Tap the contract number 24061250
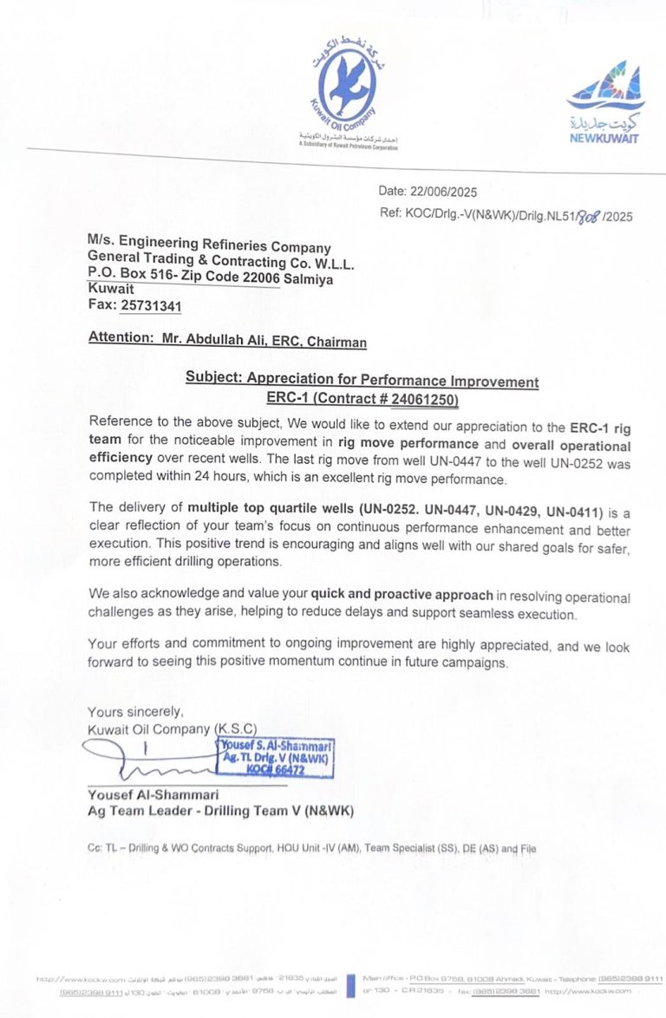pyautogui.click(x=423, y=399)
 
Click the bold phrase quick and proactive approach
pyautogui.click(x=402, y=596)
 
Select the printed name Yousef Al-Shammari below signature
pyautogui.click(x=153, y=794)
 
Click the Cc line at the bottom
pyautogui.click(x=311, y=848)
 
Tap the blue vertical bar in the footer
pyautogui.click(x=350, y=985)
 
